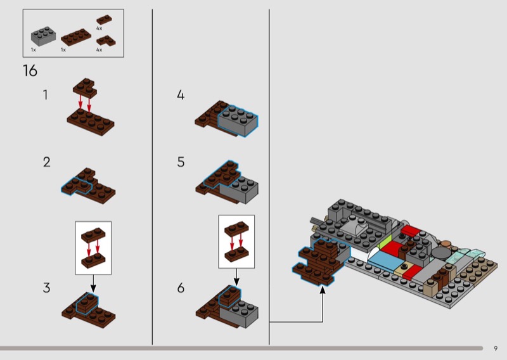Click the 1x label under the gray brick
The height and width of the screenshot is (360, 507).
(33, 49)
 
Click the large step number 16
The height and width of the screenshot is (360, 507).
(30, 71)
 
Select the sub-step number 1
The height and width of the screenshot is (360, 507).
(45, 95)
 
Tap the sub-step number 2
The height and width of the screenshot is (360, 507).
(46, 162)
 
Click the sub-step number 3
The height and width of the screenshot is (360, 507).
(46, 288)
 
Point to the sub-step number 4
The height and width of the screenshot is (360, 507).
(181, 95)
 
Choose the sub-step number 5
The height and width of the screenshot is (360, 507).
(181, 162)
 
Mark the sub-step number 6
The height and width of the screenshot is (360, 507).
(181, 288)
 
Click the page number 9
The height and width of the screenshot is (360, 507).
(496, 347)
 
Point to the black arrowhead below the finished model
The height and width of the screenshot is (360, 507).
(323, 290)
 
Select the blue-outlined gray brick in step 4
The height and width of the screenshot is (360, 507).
(239, 121)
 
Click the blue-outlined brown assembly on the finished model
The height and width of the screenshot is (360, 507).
(321, 259)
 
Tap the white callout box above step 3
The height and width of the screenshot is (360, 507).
(93, 247)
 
